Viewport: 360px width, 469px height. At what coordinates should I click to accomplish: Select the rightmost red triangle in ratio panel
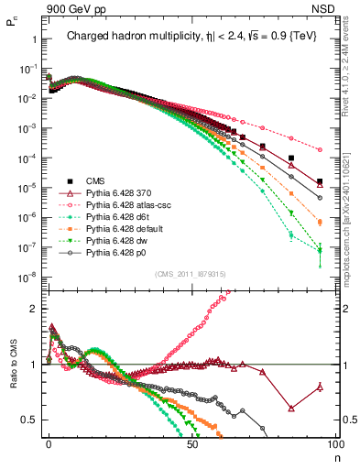(x=320, y=387)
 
